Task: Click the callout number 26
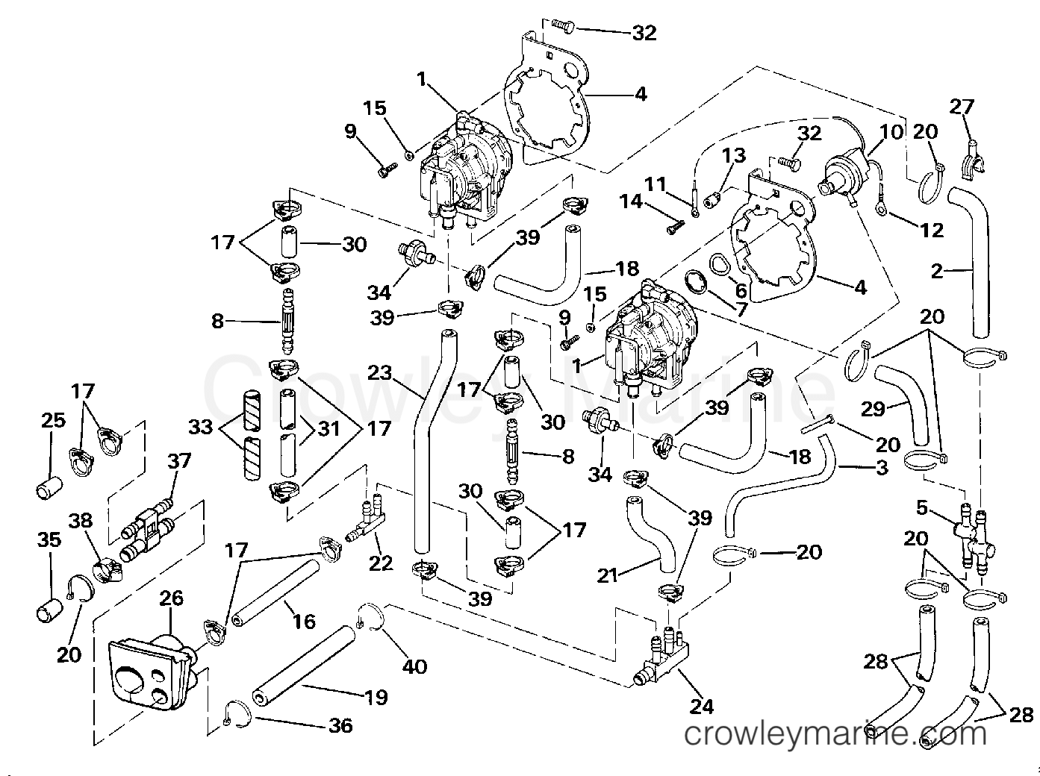(x=171, y=598)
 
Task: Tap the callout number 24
(x=701, y=707)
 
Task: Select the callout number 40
(x=414, y=667)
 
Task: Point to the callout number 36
(x=340, y=726)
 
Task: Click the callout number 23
(x=379, y=373)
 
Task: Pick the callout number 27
(x=962, y=107)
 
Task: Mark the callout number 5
(x=921, y=508)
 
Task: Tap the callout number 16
(x=304, y=622)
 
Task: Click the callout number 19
(x=377, y=698)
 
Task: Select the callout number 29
(x=874, y=409)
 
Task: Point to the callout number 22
(x=381, y=563)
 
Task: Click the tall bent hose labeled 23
(x=432, y=440)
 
